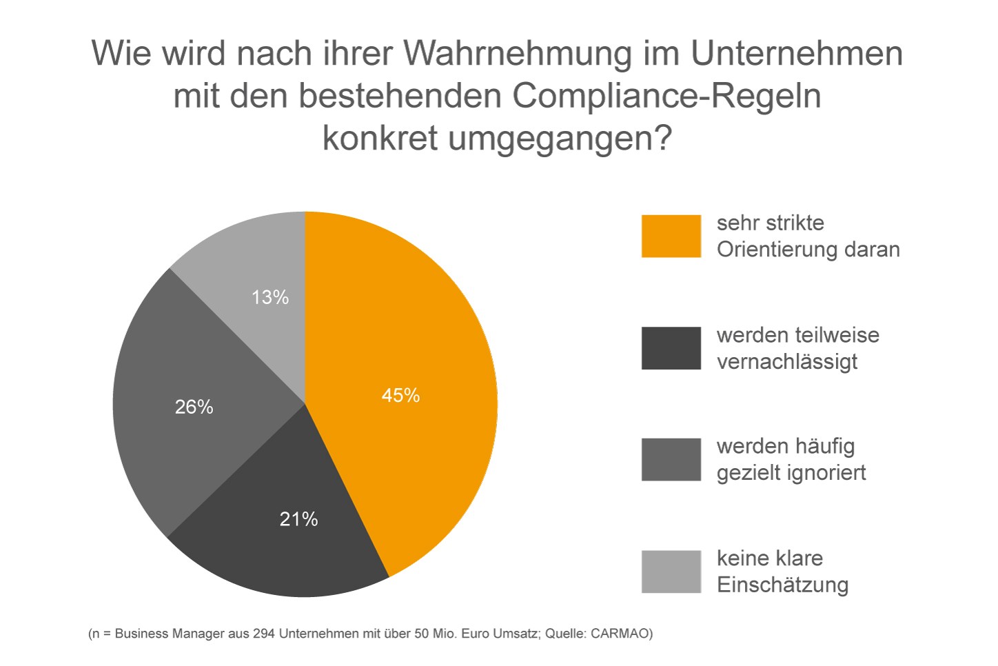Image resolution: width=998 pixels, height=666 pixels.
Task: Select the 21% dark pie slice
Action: [x=285, y=526]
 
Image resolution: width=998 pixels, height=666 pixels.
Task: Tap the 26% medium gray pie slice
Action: [x=192, y=405]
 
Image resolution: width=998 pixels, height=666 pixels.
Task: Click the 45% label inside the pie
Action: [x=400, y=396]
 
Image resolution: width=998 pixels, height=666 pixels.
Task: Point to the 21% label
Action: [x=298, y=519]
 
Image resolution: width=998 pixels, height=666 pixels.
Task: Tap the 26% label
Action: [x=194, y=407]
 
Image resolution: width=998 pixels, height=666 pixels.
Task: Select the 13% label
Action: [x=270, y=297]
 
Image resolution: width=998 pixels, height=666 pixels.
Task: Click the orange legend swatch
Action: [x=671, y=236]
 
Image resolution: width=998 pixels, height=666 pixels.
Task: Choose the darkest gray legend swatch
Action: [x=671, y=348]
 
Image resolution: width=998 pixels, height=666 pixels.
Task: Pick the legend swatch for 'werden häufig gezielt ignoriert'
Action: [x=671, y=460]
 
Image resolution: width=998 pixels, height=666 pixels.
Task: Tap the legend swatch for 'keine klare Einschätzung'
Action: [x=671, y=572]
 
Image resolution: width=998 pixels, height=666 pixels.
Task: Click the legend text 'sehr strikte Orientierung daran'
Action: [x=808, y=236]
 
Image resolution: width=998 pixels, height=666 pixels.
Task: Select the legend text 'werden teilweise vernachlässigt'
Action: [x=798, y=348]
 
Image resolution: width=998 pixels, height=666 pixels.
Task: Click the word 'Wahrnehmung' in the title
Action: [x=518, y=54]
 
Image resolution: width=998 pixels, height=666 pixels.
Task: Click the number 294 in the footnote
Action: [x=264, y=634]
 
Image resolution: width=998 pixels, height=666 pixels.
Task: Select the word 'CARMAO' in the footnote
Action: [x=622, y=634]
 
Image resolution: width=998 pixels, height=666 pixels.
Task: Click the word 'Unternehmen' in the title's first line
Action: [x=797, y=54]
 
